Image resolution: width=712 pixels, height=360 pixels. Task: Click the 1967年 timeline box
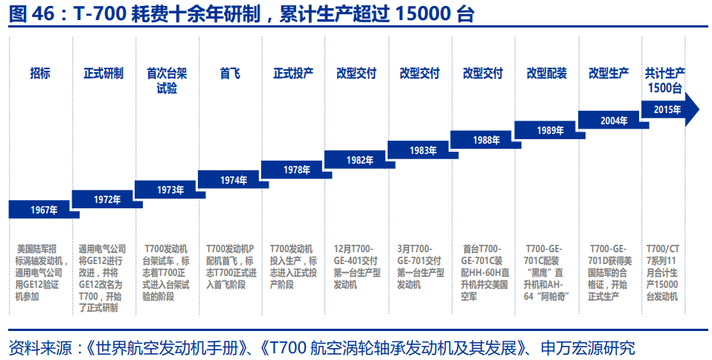coord(43,209)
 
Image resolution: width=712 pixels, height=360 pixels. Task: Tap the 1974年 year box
coord(233,180)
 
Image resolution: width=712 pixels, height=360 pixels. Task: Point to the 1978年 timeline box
coord(296,170)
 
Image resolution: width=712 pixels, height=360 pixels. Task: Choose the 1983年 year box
coord(423,150)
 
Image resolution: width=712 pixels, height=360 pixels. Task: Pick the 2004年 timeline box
coord(613,120)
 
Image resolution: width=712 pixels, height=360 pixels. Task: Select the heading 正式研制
coord(103,74)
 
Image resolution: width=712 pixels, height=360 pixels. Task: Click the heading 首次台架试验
coord(167,80)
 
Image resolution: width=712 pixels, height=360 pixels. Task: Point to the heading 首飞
coord(230,74)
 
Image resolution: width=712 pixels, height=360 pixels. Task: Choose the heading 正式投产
coord(293,74)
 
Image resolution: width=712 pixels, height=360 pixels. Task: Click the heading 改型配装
coord(546,74)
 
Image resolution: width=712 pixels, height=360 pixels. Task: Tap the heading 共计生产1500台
coord(664,80)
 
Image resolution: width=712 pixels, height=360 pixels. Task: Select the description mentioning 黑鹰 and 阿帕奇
coord(547,271)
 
